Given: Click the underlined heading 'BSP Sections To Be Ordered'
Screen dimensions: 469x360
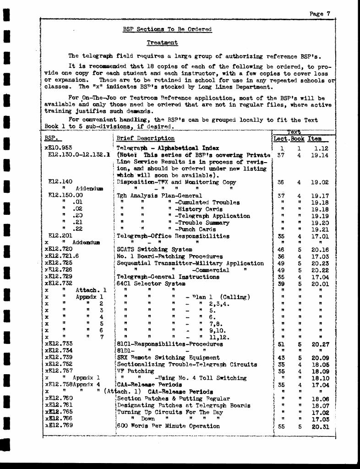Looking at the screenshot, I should tap(167, 29).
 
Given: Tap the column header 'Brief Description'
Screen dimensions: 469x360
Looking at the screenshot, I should tap(145, 138).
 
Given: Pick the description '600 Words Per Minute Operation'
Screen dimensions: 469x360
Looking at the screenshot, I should tap(168, 426).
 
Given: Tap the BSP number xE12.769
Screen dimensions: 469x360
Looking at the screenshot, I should tap(59, 426).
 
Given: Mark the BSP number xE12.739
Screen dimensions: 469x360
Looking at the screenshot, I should tap(59, 358).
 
